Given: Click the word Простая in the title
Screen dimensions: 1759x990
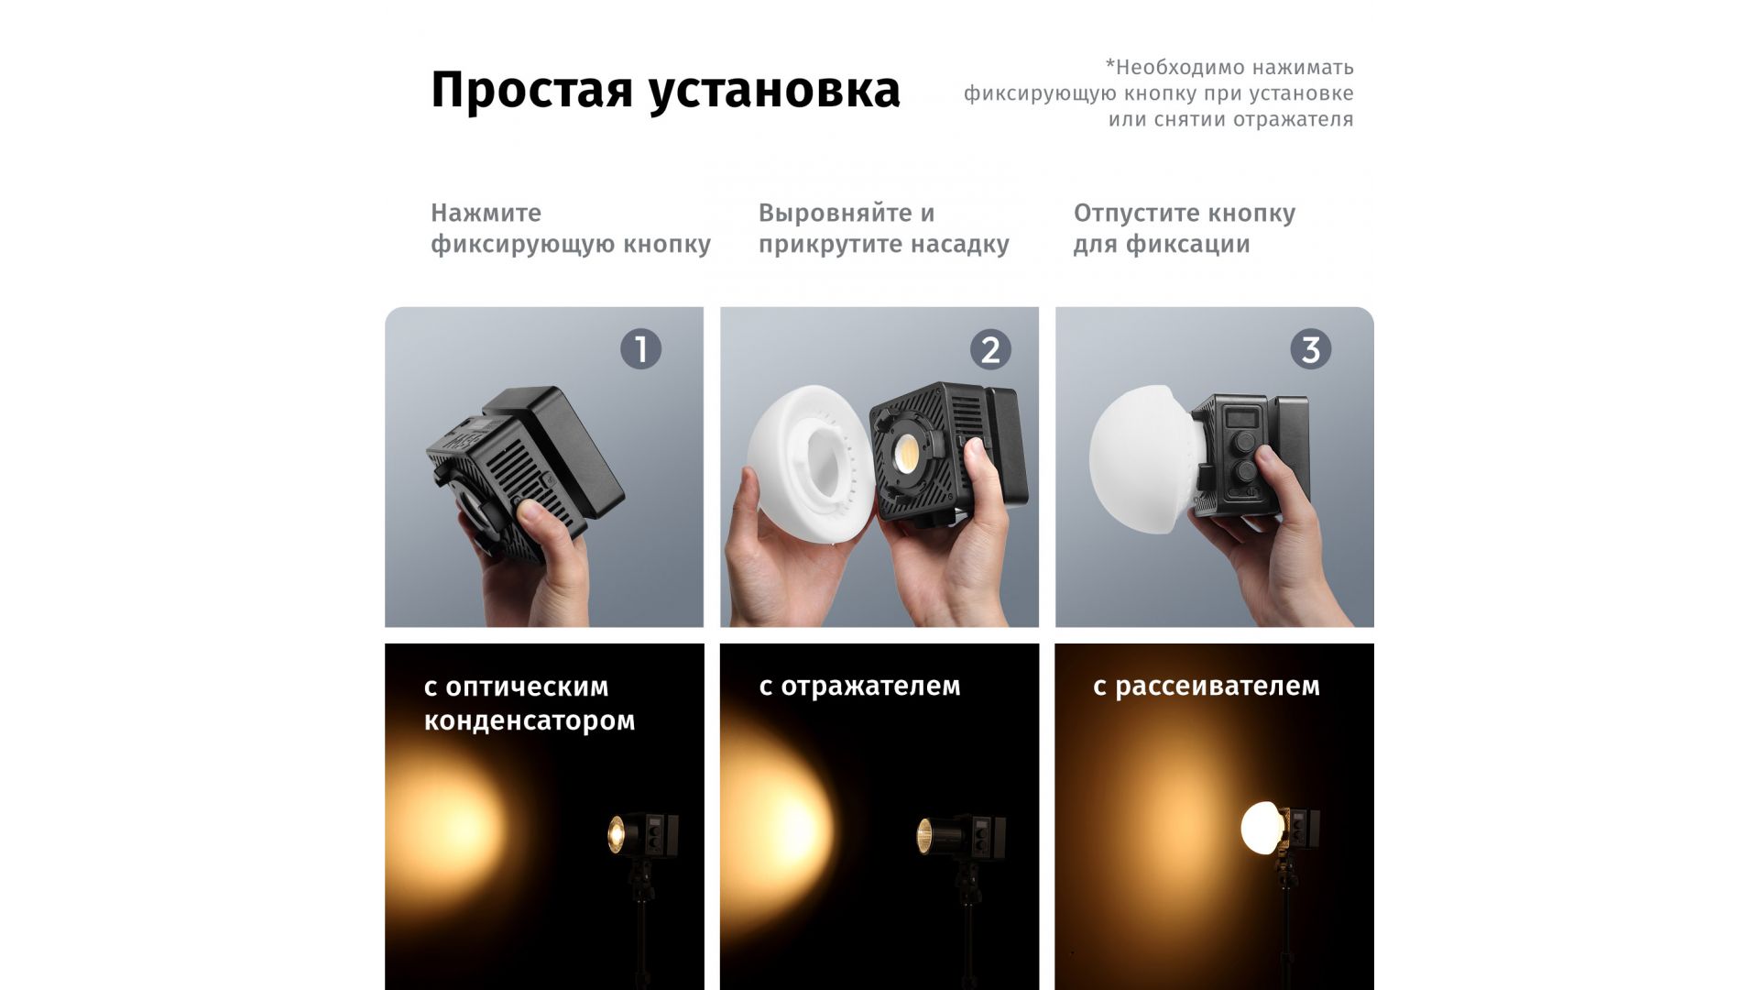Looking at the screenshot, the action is point(531,91).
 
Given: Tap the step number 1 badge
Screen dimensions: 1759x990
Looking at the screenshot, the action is point(640,349).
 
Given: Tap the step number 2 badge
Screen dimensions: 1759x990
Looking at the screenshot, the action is point(990,349).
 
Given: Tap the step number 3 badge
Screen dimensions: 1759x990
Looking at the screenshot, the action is point(1310,349).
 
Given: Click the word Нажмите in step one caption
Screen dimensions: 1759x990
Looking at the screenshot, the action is point(486,213).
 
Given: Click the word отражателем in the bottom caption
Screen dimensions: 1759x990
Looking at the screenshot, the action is point(871,686).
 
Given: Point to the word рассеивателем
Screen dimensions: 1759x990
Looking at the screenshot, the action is point(1218,686).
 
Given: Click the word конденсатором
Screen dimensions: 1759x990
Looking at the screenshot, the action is point(530,720).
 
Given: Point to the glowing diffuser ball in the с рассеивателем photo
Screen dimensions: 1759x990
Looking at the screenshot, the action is point(1262,828).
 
